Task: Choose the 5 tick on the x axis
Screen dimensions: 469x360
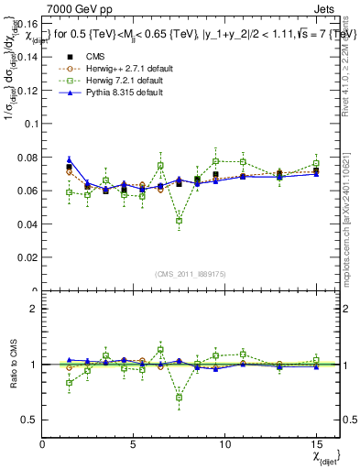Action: coord(134,445)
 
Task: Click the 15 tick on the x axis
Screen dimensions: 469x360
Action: coord(315,445)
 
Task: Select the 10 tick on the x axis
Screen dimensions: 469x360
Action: coord(224,445)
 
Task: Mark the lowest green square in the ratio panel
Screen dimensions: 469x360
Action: coord(180,398)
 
